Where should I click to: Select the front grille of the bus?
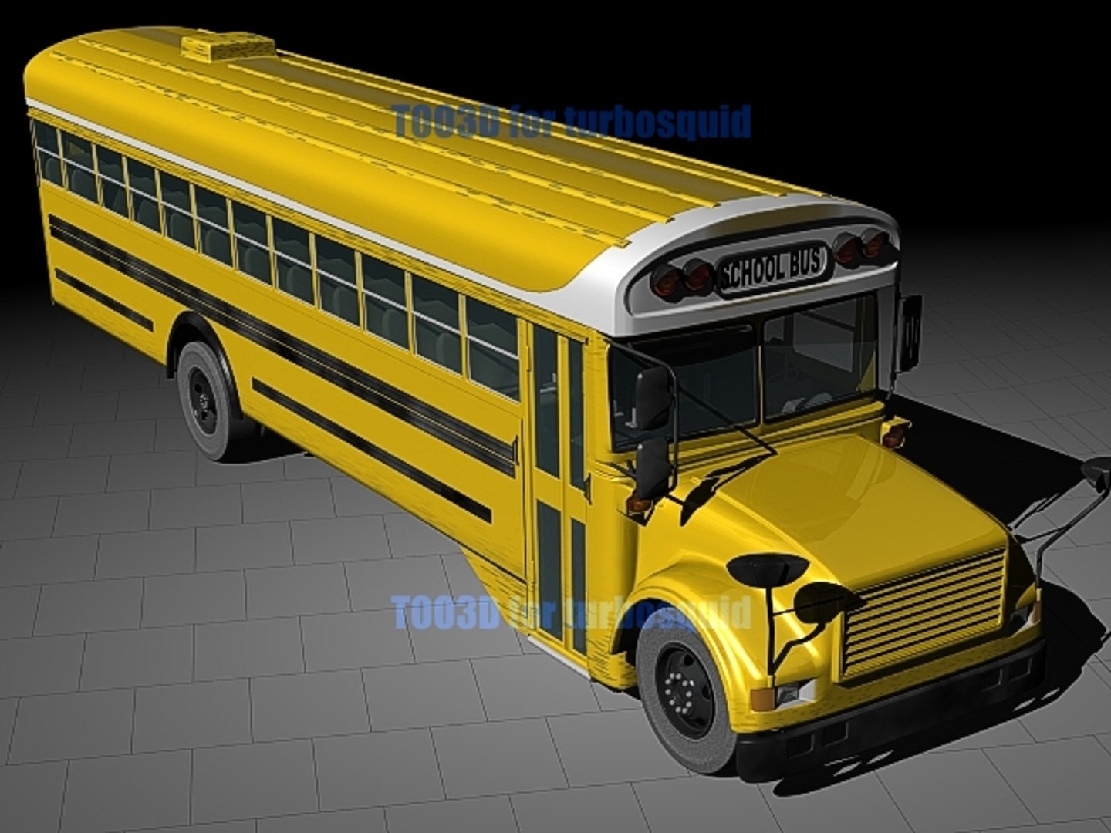click(x=924, y=612)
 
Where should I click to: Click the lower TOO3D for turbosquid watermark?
click(x=571, y=613)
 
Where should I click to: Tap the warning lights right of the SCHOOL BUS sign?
click(x=861, y=247)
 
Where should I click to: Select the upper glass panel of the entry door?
click(x=545, y=401)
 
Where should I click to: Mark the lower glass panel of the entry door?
click(x=549, y=571)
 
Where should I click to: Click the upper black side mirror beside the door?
click(x=653, y=397)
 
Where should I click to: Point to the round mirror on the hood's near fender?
click(x=766, y=568)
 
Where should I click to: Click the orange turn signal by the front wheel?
click(x=762, y=698)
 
